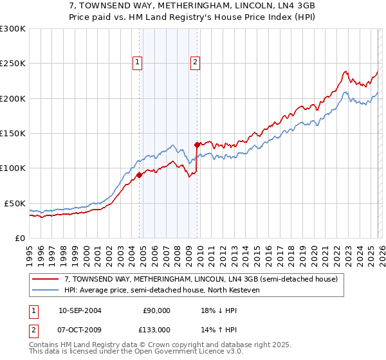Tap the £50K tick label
15,203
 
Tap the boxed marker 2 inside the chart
195,62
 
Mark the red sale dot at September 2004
139,175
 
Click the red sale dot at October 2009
196,145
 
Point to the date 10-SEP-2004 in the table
80,310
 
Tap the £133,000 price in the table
156,329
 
